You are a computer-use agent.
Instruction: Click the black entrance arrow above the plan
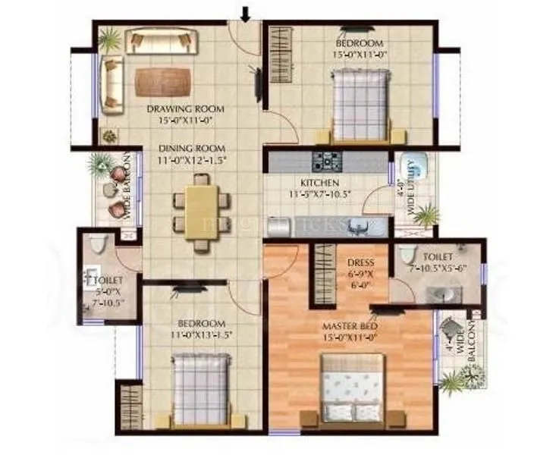click(x=245, y=13)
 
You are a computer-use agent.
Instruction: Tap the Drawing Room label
click(x=181, y=108)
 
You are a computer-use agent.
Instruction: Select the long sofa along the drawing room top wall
click(x=161, y=41)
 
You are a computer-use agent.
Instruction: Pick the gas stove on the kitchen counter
click(x=328, y=161)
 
